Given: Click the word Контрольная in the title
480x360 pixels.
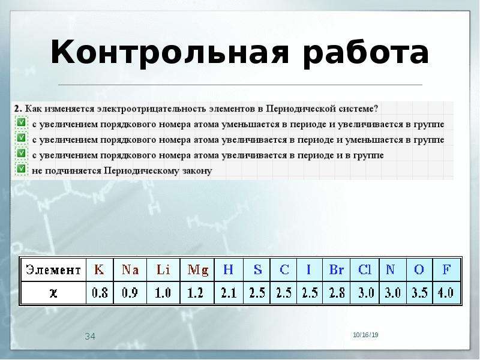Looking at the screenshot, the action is pyautogui.click(x=170, y=53).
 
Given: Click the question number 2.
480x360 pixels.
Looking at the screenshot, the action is pyautogui.click(x=18, y=109).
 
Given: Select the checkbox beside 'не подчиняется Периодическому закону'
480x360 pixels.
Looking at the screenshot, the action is pyautogui.click(x=21, y=169).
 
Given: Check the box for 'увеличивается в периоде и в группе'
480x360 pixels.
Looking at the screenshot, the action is pyautogui.click(x=21, y=153).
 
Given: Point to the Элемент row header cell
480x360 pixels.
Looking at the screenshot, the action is pyautogui.click(x=53, y=269).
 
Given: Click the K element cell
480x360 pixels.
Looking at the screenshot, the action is pyautogui.click(x=100, y=269).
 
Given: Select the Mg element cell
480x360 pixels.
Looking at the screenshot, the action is pyautogui.click(x=197, y=269).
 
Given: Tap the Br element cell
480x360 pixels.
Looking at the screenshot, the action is pyautogui.click(x=336, y=269).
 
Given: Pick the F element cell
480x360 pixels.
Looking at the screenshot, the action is pyautogui.click(x=446, y=269).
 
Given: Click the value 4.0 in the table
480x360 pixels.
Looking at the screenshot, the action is pyautogui.click(x=446, y=293).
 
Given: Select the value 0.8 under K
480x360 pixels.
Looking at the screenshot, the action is pyautogui.click(x=100, y=293).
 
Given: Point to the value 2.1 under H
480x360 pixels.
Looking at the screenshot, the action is pyautogui.click(x=229, y=293).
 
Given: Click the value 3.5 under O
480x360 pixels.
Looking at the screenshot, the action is pyautogui.click(x=419, y=293).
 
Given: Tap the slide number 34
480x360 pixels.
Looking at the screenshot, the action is pyautogui.click(x=90, y=337).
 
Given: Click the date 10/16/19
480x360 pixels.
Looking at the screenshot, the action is pyautogui.click(x=365, y=335).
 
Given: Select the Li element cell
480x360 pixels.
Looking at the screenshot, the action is pyautogui.click(x=163, y=269).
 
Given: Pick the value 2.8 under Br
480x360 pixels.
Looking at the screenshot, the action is pyautogui.click(x=337, y=293).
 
